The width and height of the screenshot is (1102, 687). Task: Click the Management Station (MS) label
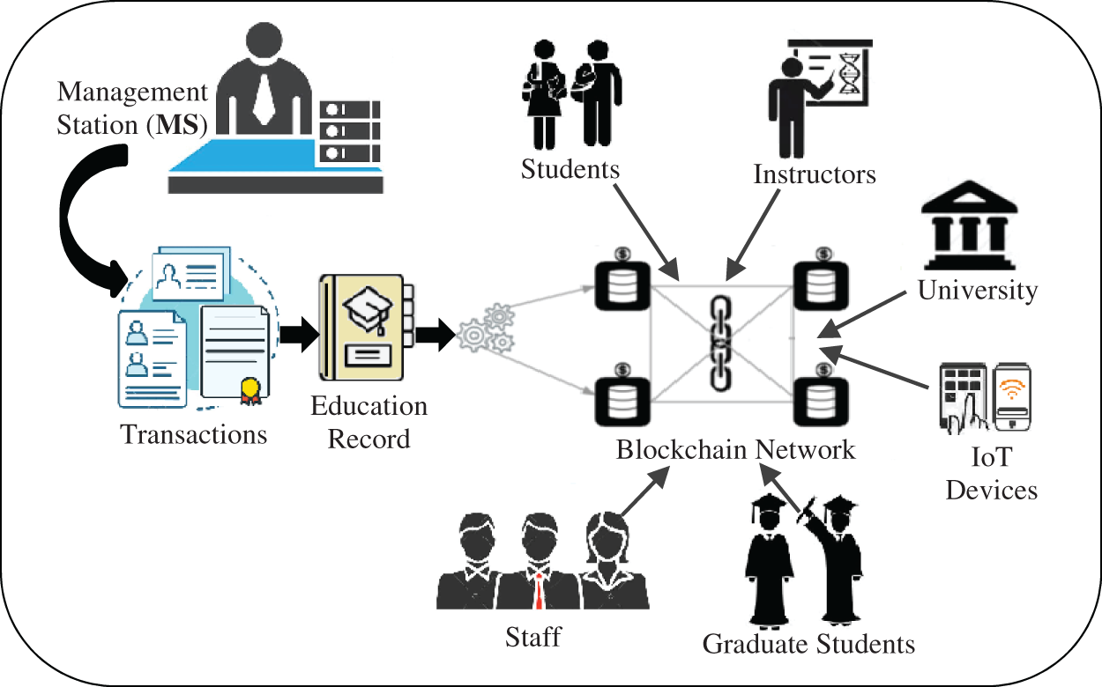(132, 108)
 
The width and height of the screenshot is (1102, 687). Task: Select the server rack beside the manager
(350, 132)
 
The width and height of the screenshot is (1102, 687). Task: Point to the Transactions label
(194, 434)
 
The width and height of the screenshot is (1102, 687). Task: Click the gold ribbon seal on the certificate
(249, 388)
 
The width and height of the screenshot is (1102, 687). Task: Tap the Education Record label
(369, 422)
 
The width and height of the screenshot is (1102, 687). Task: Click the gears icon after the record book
(485, 329)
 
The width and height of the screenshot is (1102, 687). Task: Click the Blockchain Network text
(735, 450)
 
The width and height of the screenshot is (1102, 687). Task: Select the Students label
(570, 168)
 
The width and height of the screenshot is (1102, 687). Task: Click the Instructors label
(815, 174)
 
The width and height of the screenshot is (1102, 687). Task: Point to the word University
(978, 290)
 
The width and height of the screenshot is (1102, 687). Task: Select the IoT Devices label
(992, 473)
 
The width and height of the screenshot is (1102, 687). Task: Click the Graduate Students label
(808, 644)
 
